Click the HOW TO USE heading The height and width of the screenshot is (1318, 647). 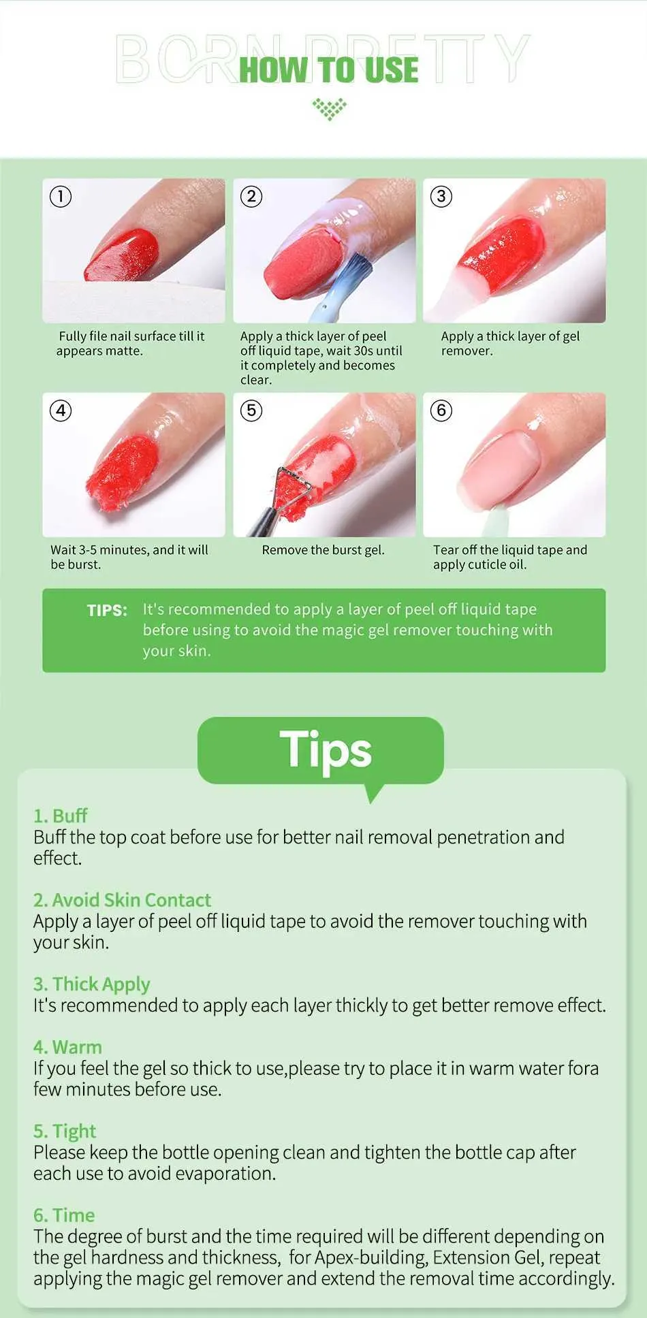329,70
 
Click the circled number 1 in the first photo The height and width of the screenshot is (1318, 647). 61,197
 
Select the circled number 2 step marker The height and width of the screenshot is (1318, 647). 251,197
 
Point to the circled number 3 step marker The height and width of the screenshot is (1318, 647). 441,197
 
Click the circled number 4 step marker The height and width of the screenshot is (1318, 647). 61,411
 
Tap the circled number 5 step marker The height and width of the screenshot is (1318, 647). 251,411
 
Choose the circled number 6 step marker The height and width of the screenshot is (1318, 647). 441,411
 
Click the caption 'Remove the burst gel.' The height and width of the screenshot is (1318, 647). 323,550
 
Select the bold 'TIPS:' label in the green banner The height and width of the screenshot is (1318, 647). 107,610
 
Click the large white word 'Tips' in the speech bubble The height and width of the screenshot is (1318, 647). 326,750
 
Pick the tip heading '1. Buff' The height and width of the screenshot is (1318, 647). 61,816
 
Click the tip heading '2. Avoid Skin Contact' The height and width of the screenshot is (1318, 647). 123,900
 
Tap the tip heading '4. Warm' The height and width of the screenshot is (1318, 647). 67,1047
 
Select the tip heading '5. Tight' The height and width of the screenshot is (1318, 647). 65,1131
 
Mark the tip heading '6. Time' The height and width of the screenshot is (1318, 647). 64,1215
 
